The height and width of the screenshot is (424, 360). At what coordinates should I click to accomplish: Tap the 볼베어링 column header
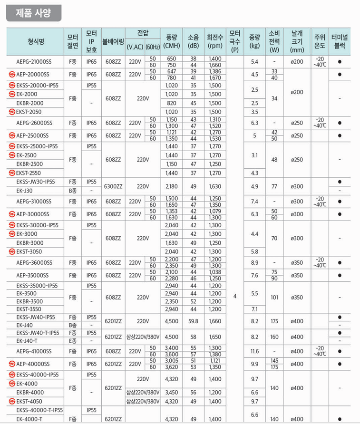pos(113,42)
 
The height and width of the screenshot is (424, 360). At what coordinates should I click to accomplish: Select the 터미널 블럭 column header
pos(340,42)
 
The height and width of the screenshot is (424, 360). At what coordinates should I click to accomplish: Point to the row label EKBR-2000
pos(29,103)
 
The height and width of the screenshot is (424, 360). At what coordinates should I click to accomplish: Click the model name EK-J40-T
pos(29,341)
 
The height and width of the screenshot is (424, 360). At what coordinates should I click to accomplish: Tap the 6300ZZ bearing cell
pos(113,186)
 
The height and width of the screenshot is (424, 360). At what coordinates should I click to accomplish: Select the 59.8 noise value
pos(193,321)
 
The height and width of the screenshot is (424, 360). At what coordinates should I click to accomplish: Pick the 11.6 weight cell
pos(254,351)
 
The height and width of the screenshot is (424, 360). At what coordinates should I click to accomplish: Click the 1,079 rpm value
pos(215,211)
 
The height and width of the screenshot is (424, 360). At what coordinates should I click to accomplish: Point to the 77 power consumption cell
pos(274,186)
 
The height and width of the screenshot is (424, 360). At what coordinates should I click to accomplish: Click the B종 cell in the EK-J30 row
pos(73,190)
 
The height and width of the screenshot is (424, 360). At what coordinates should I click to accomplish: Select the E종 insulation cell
pos(73,341)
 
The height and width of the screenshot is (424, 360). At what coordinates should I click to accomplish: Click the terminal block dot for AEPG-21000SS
pos(340,62)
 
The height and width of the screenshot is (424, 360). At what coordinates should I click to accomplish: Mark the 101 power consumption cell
pos(274,297)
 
